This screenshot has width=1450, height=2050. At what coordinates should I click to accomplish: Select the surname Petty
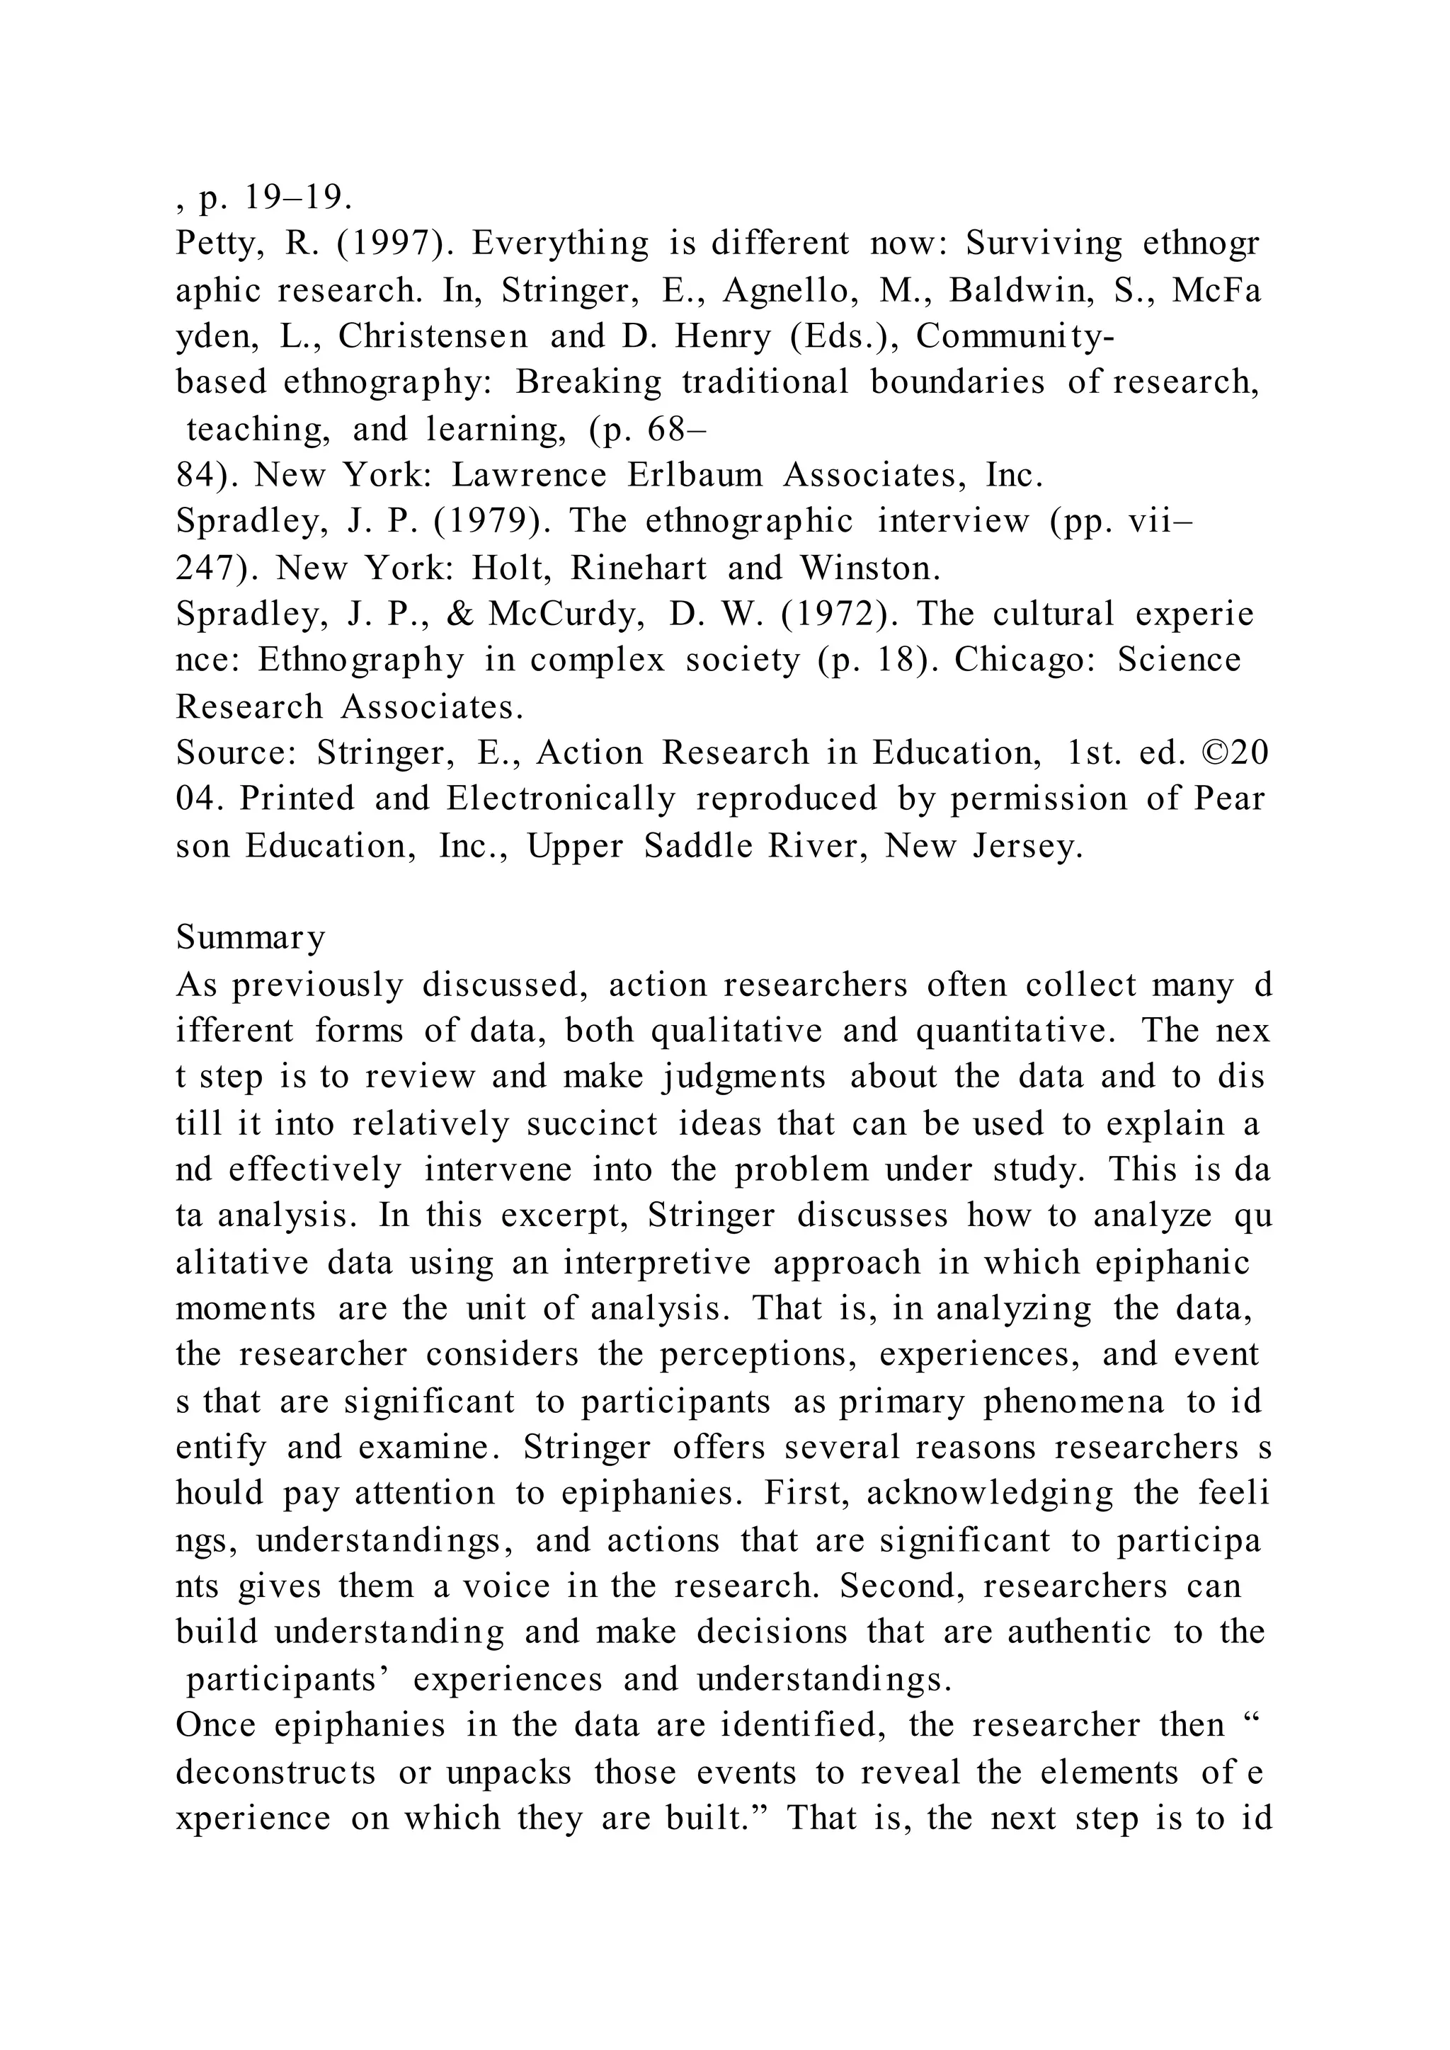coord(219,244)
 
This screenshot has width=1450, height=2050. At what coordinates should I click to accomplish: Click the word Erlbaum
coord(695,475)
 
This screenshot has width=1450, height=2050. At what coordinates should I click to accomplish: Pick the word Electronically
coord(561,799)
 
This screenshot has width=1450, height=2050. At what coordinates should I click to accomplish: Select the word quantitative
coord(1016,1031)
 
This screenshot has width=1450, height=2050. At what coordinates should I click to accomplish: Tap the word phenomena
coord(1074,1402)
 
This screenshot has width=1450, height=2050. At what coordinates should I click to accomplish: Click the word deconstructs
coord(276,1773)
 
